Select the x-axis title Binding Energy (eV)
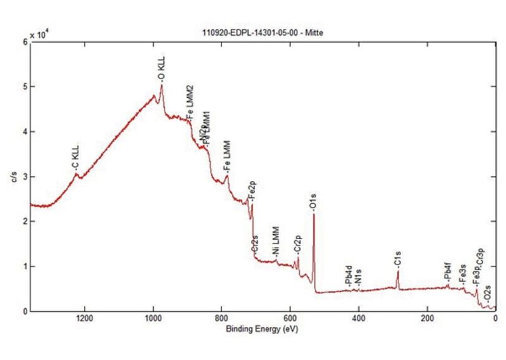click(x=261, y=330)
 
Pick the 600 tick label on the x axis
click(x=290, y=319)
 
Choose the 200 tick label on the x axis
click(x=427, y=319)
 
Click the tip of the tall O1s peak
click(x=314, y=214)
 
